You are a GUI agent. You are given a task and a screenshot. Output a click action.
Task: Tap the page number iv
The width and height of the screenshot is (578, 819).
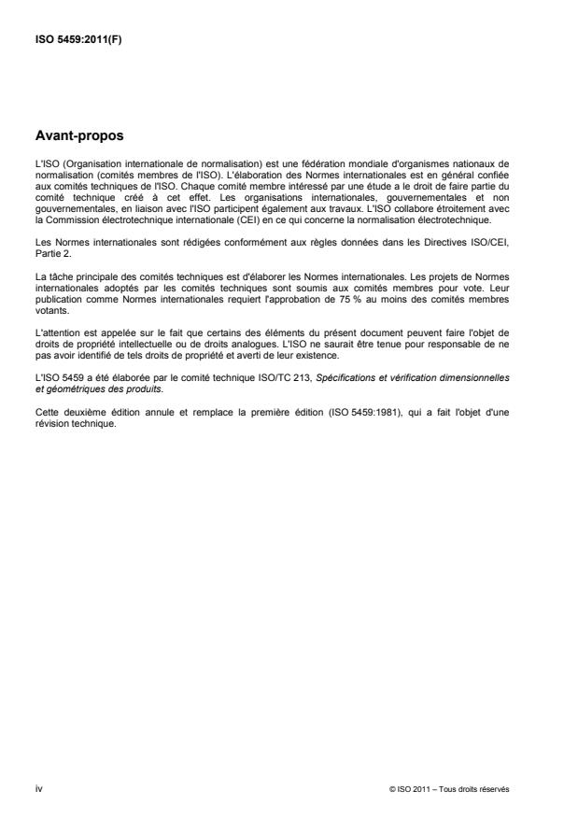pos(38,788)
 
